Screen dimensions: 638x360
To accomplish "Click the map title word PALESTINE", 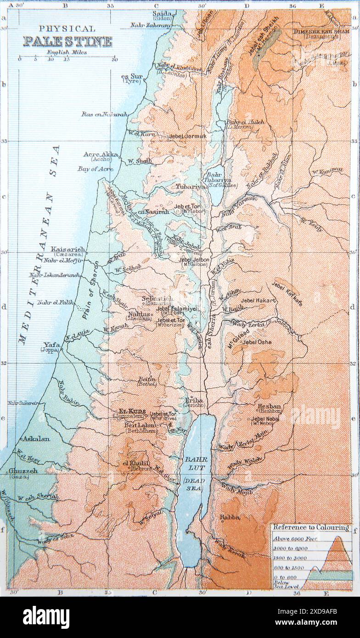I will (67, 42).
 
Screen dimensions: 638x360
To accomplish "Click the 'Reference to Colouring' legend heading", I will (310, 528).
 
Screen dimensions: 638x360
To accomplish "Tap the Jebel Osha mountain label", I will (257, 342).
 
